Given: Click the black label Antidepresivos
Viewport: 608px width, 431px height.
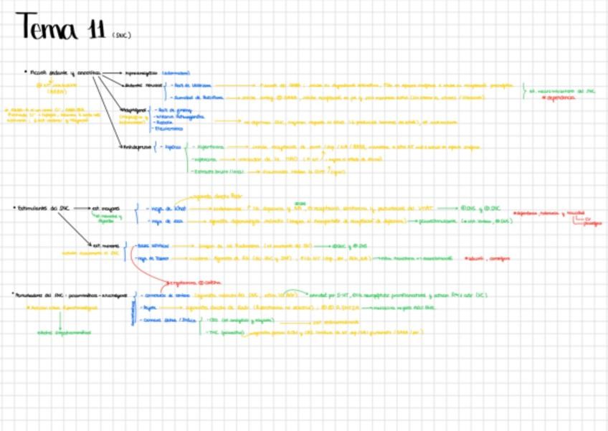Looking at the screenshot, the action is pos(135,146).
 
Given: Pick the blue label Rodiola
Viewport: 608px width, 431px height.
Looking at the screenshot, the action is pos(165,123).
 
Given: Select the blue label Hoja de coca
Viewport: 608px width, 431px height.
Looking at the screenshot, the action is pos(164,222).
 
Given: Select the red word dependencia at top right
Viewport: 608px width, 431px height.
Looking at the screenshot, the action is pos(560,97).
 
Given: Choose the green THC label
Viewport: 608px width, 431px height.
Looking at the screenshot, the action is pos(212,332).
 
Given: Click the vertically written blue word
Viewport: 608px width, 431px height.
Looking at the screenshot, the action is pos(133,313).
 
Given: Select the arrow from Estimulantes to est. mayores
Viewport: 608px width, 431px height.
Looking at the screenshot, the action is pos(80,208).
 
